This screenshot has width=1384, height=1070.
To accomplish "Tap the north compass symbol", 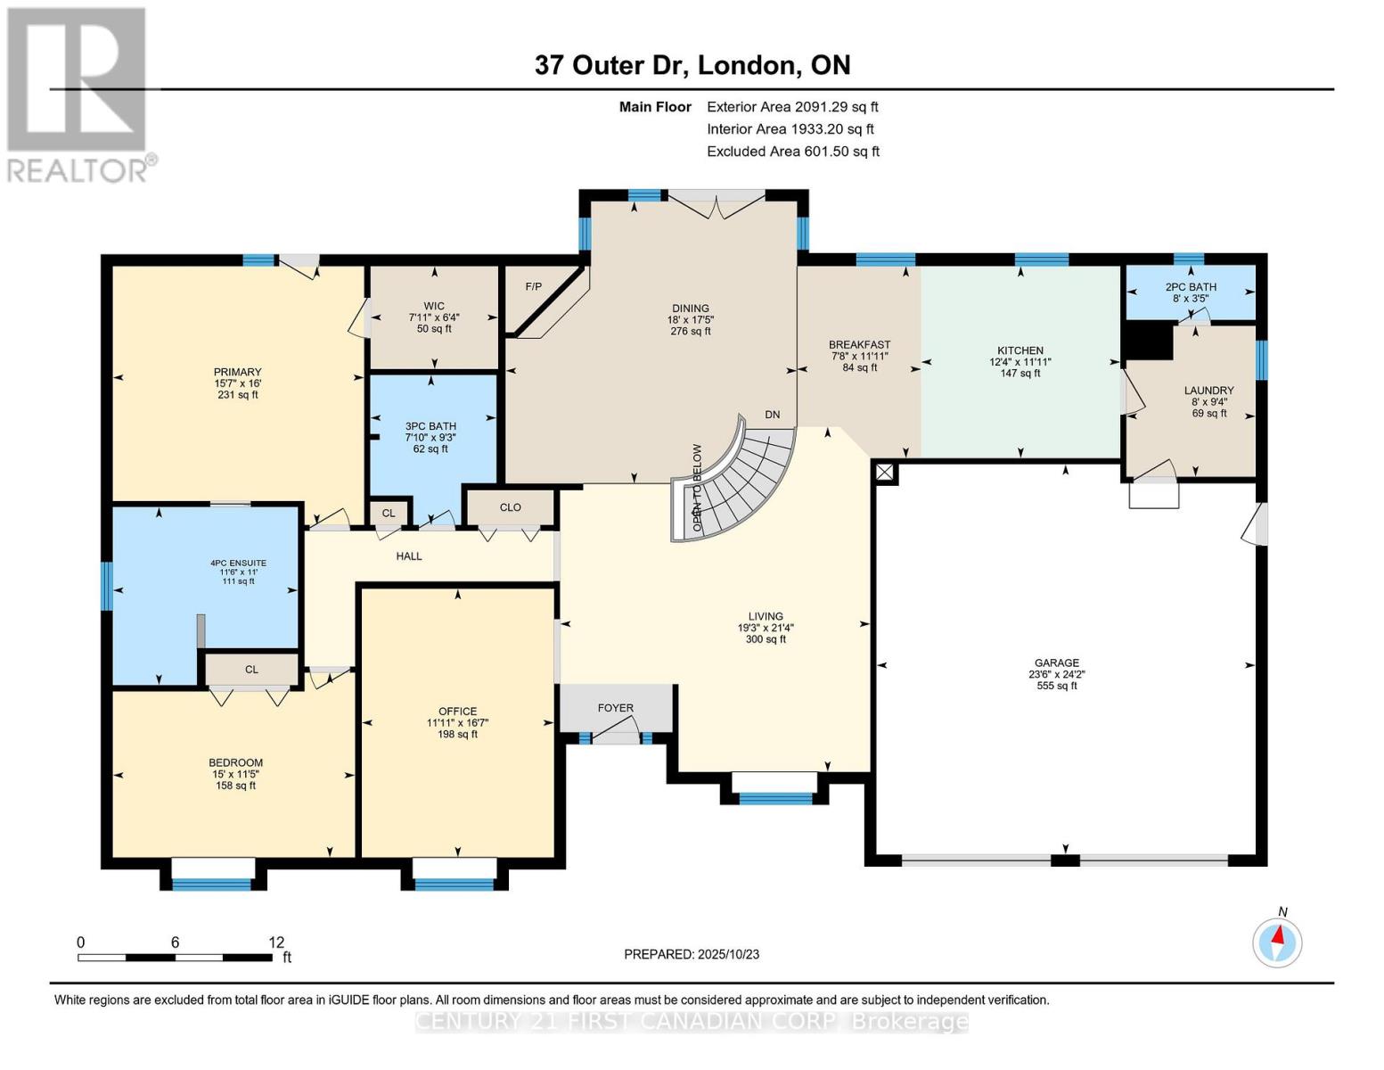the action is [1276, 942].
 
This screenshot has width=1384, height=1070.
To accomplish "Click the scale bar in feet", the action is [176, 957].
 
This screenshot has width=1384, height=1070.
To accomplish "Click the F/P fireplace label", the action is [534, 287].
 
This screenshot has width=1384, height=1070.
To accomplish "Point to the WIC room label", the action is [434, 306].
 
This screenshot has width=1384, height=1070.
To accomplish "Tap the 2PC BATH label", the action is [1191, 287].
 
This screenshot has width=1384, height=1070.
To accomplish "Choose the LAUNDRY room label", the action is [1208, 390].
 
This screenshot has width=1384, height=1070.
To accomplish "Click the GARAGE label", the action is [1057, 663].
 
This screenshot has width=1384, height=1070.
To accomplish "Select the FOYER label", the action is [615, 708].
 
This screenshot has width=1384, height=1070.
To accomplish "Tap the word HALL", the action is [409, 556].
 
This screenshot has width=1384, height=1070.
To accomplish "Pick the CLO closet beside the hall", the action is [510, 507].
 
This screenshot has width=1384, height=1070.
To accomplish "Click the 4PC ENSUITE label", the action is [238, 564].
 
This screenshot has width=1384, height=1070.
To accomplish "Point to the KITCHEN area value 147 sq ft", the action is [1020, 374].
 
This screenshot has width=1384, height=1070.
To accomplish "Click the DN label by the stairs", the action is [773, 415].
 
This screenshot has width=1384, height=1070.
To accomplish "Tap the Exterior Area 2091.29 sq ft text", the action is [792, 107].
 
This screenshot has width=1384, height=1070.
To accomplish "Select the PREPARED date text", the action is [692, 954].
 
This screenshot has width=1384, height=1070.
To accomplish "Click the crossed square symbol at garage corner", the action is [885, 473].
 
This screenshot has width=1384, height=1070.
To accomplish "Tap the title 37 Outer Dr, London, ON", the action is [692, 65].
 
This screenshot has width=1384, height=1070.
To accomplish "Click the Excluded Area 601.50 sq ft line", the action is [793, 152].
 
